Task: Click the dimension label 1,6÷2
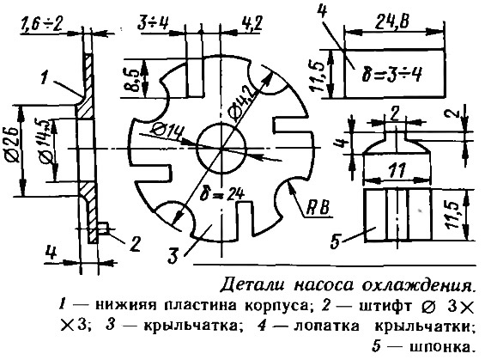coord(41,24)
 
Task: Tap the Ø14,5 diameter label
coord(45,143)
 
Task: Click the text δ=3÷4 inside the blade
coord(391,74)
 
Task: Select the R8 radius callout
coord(318,208)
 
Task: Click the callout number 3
coord(174,255)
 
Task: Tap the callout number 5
coord(336,241)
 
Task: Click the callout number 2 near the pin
coord(135,244)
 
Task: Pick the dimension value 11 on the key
coord(397,170)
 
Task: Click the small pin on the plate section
coord(104,229)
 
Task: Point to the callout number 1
coord(45,77)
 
